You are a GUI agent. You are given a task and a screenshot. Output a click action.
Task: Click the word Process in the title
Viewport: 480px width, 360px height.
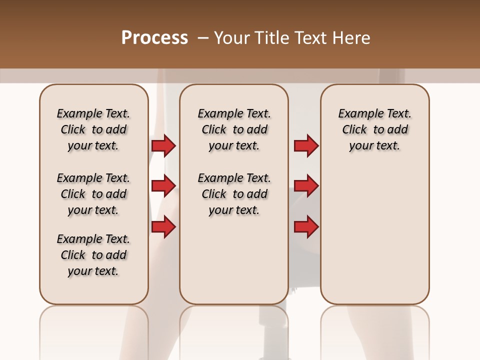click(154, 38)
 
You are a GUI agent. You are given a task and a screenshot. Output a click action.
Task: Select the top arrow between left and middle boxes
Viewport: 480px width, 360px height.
click(163, 145)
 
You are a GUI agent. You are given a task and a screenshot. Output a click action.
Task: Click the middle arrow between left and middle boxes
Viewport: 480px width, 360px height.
click(163, 186)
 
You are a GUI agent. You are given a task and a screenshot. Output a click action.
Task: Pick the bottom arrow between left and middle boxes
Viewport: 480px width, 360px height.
click(163, 227)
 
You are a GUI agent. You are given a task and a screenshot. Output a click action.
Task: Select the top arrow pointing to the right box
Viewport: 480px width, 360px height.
click(306, 145)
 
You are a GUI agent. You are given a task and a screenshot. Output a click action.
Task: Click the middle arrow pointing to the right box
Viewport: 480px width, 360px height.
click(306, 186)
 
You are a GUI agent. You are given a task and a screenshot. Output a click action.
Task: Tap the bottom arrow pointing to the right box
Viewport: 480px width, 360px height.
click(306, 227)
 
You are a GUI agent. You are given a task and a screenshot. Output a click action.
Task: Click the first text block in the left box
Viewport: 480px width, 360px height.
click(93, 129)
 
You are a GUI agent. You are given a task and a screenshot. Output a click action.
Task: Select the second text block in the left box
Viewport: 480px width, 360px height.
click(93, 194)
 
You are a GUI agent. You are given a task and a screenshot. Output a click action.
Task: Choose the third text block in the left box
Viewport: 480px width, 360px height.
click(93, 255)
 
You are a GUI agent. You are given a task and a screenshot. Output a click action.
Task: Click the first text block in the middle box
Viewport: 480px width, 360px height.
click(234, 129)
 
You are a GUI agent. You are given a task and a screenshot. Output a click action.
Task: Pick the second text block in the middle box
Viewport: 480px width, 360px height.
click(234, 194)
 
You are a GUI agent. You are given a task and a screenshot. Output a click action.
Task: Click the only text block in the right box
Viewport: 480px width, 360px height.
click(374, 129)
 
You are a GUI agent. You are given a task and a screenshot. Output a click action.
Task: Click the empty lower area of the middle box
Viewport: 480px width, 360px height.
click(234, 260)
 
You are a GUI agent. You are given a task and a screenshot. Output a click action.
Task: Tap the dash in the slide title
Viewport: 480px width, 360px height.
click(203, 38)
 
